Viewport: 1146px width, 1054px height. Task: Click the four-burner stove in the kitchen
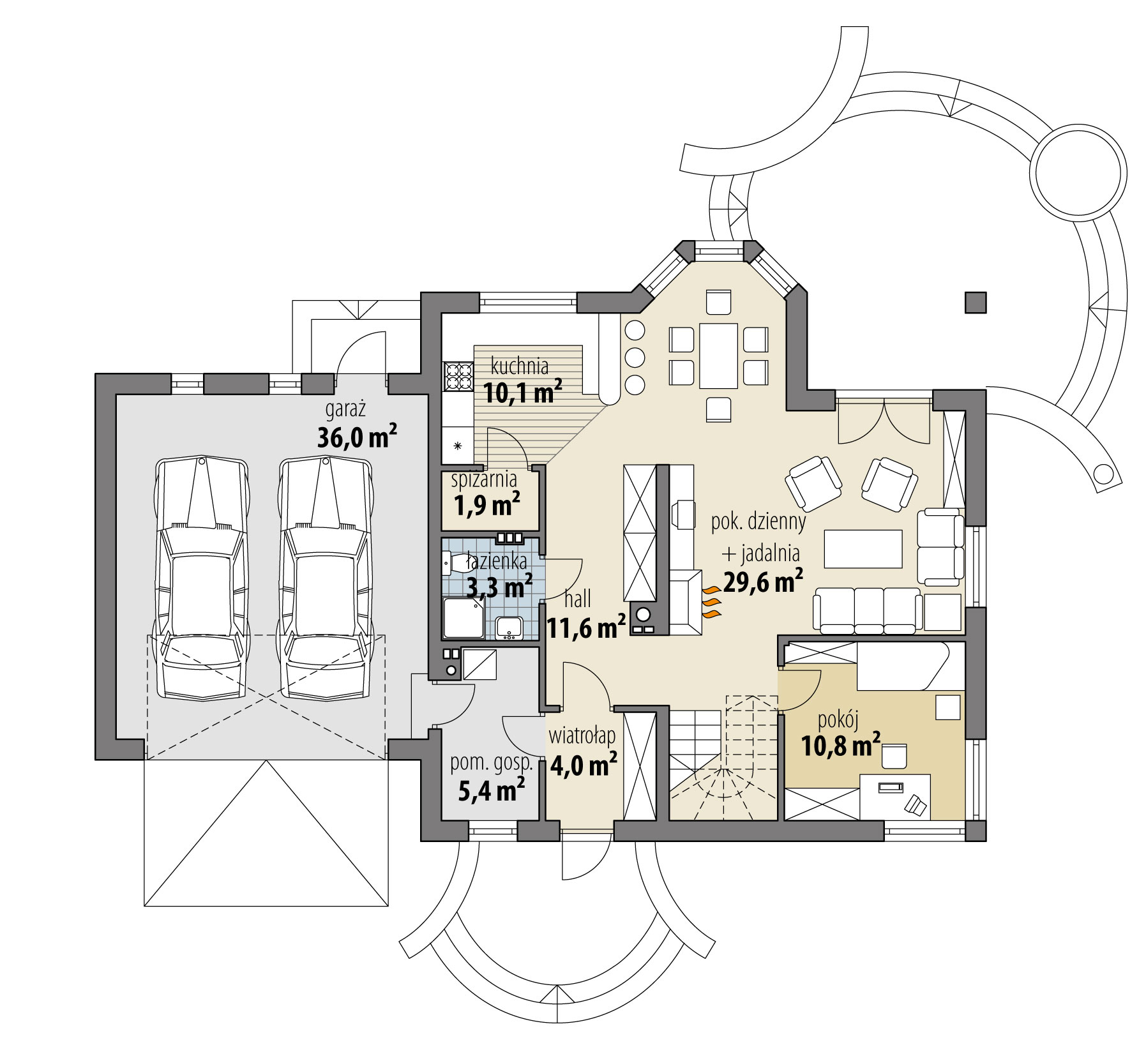(457, 376)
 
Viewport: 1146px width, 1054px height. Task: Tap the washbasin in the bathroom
(509, 628)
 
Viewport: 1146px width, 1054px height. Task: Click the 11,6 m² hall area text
(585, 629)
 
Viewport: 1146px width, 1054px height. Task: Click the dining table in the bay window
(718, 356)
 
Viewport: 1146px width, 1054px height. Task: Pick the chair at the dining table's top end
(718, 301)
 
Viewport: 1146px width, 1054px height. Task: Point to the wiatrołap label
(582, 736)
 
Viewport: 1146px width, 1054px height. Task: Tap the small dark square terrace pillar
(975, 302)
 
